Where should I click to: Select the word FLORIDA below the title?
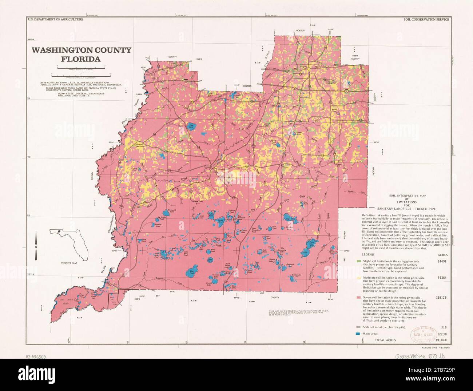81,59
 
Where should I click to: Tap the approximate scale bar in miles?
81,66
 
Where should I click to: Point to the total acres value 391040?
442,340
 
